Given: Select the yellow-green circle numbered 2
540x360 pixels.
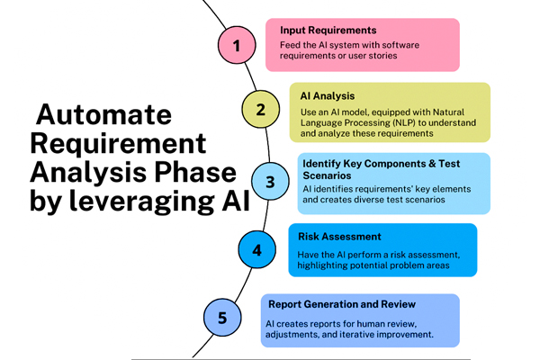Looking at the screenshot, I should pos(260,111).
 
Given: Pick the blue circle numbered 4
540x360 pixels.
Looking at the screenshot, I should pos(256,249).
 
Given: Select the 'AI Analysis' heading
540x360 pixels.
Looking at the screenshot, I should pos(327,94).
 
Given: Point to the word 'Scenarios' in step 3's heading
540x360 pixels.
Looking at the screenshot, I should pos(328,175).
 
